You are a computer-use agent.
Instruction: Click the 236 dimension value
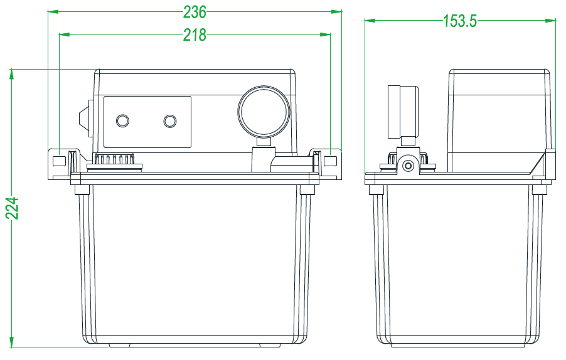pos(195,12)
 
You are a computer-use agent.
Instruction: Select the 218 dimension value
pos(195,35)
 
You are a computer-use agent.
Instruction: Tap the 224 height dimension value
pos(12,208)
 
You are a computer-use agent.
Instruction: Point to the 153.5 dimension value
pos(460,21)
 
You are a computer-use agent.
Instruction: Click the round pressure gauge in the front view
pos(265,110)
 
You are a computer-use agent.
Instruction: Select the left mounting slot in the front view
pos(59,161)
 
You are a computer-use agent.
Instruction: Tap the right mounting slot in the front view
pos(330,161)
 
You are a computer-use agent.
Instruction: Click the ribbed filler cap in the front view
pos(114,161)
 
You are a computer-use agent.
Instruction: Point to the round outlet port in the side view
pos(408,166)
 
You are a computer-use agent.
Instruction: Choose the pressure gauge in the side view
pos(403,111)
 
